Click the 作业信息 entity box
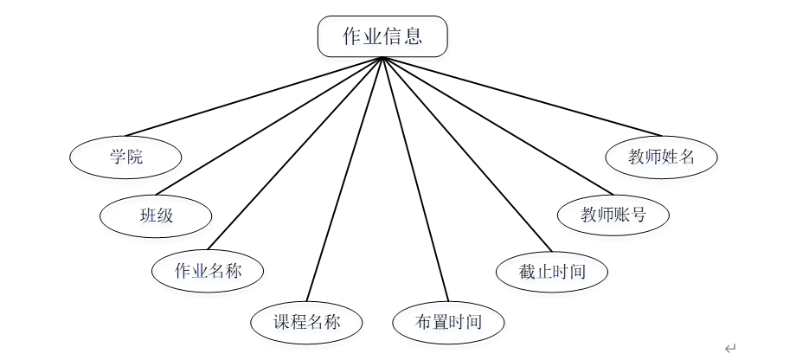(x=382, y=36)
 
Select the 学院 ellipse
(x=126, y=157)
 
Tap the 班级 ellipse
(x=156, y=215)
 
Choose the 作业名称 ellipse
(x=208, y=271)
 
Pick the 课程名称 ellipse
(x=307, y=323)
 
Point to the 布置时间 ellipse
(x=448, y=323)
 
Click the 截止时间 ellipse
(x=552, y=271)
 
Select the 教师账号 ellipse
(x=613, y=215)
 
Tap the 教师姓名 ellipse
(x=662, y=157)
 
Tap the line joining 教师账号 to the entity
(x=495, y=120)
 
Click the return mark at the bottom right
(x=730, y=348)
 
